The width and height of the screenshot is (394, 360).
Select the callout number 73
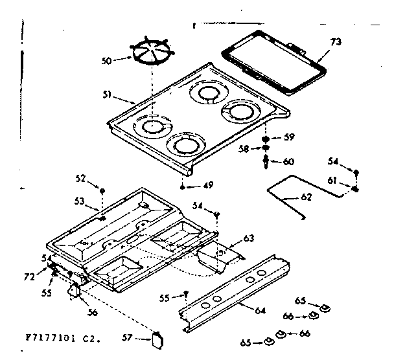click(x=335, y=43)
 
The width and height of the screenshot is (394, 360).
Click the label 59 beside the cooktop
click(x=289, y=137)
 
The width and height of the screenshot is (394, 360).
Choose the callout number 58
click(x=244, y=149)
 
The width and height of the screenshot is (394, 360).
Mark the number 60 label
click(x=289, y=161)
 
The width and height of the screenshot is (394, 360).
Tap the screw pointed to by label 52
click(x=102, y=189)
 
